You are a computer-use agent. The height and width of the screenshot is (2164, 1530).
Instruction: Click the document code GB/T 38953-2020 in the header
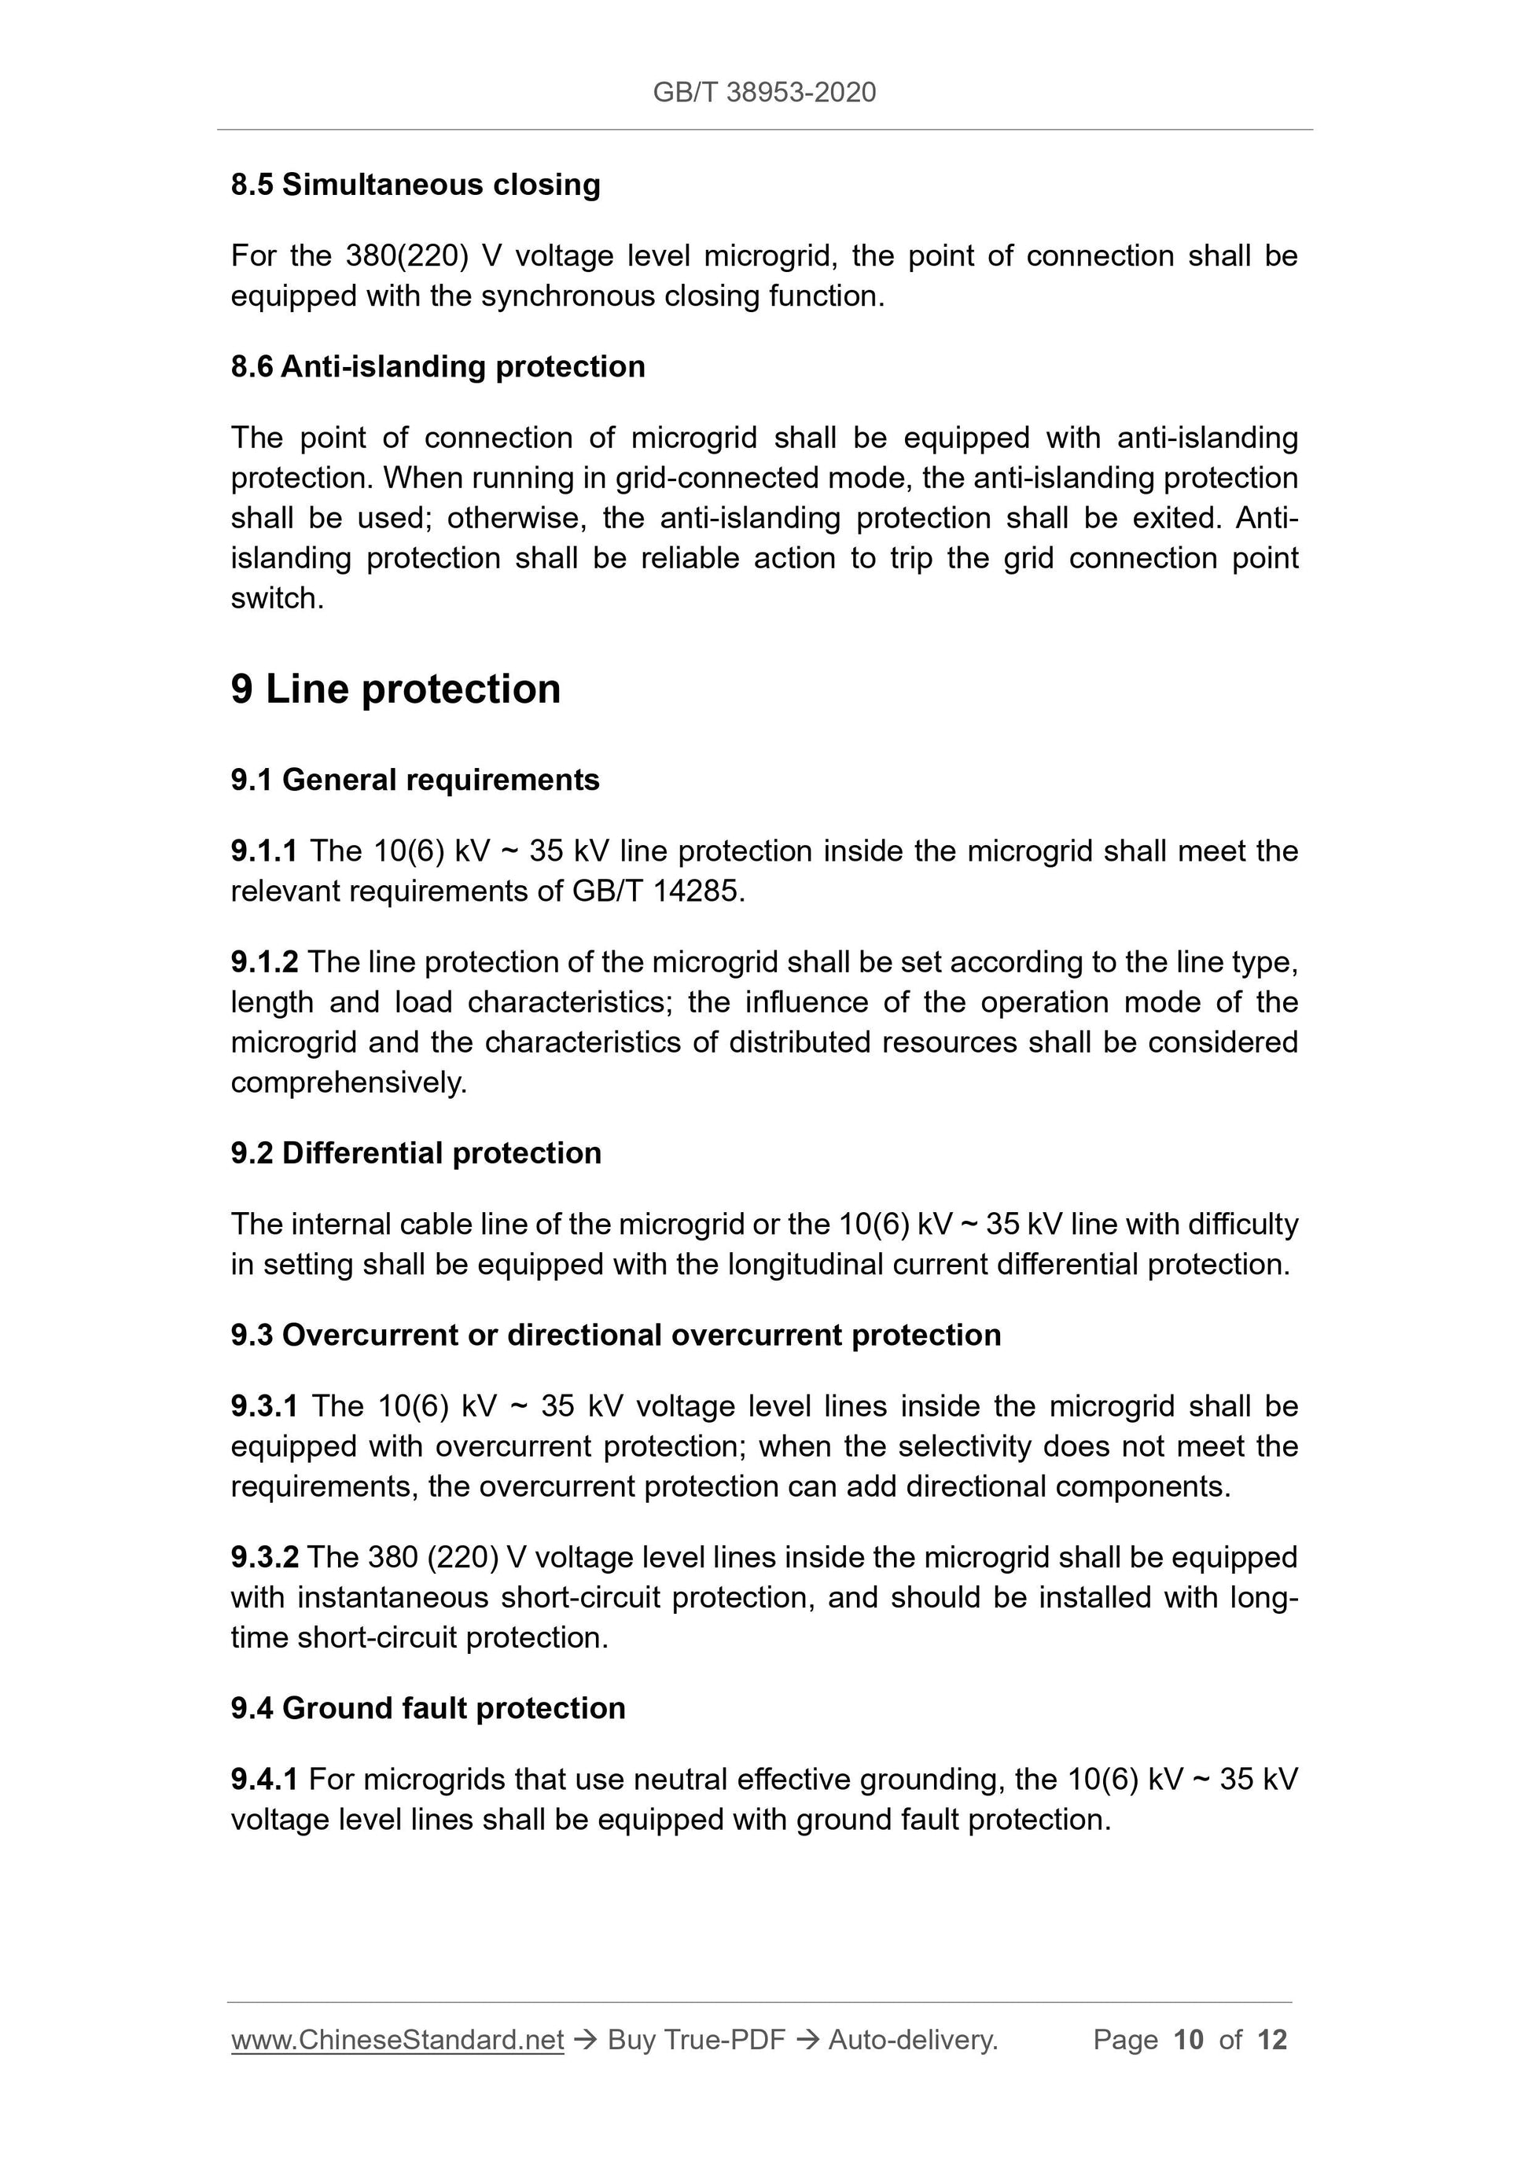click(x=763, y=93)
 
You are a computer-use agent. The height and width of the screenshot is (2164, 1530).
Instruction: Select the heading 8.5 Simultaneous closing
click(x=415, y=184)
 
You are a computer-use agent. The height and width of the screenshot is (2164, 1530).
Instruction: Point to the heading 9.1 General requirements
click(x=415, y=780)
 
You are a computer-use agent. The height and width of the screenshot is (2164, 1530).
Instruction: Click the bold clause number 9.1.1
click(x=264, y=851)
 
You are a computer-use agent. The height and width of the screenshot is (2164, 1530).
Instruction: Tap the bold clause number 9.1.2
click(x=264, y=961)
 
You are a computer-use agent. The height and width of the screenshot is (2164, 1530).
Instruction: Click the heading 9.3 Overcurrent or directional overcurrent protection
click(x=616, y=1335)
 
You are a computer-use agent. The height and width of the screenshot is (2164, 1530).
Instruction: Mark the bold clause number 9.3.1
click(x=264, y=1406)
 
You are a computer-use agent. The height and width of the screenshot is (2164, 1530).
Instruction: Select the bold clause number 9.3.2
click(x=264, y=1557)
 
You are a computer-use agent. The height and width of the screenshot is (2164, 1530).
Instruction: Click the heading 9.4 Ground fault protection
click(x=428, y=1708)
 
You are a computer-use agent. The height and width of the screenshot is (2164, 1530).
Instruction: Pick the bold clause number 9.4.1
click(x=264, y=1780)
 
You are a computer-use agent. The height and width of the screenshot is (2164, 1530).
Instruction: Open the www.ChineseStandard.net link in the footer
click(x=397, y=2040)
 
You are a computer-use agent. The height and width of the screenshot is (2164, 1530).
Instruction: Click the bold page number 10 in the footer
click(x=1188, y=2040)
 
